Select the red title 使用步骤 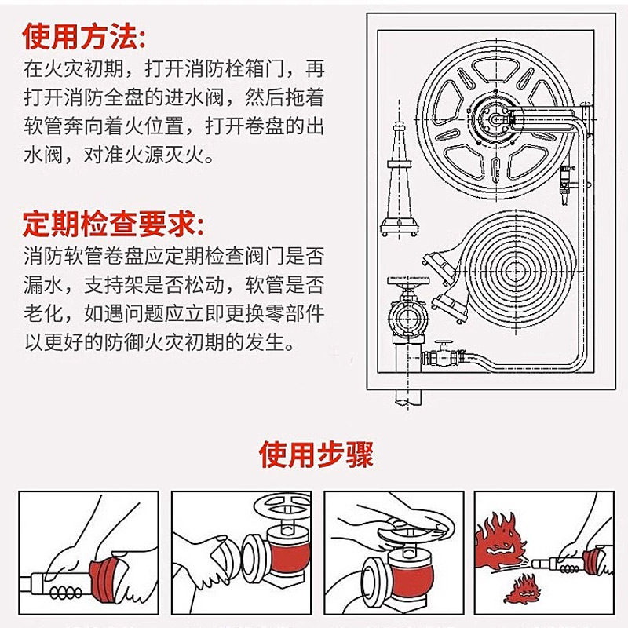pos(316,455)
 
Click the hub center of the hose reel pos(496,119)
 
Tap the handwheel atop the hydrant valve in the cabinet pos(407,281)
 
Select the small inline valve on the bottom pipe pos(444,355)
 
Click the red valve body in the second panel pos(289,553)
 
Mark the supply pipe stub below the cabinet pos(408,397)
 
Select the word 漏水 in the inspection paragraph pos(43,285)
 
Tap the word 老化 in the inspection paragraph pos(43,314)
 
